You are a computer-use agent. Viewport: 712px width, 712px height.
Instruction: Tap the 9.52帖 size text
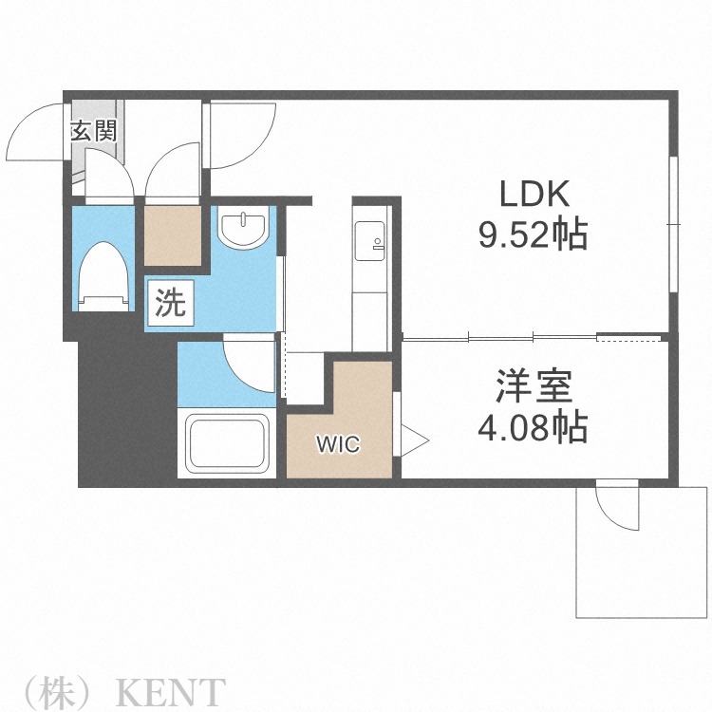pyautogui.click(x=533, y=233)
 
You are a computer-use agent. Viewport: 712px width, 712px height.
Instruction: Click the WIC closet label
pyautogui.click(x=338, y=443)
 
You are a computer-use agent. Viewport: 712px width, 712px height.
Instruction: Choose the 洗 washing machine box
pyautogui.click(x=171, y=303)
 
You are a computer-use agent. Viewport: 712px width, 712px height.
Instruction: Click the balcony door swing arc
pyautogui.click(x=616, y=509)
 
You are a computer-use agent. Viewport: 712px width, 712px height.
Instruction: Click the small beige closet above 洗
pyautogui.click(x=173, y=235)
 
